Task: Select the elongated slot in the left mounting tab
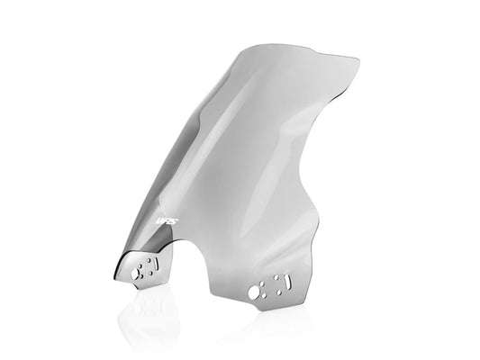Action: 155,264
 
